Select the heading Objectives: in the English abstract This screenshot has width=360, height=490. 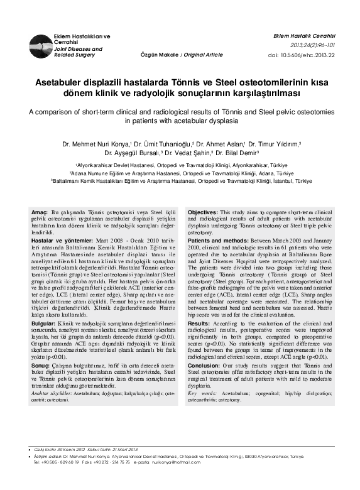[x=203, y=214]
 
